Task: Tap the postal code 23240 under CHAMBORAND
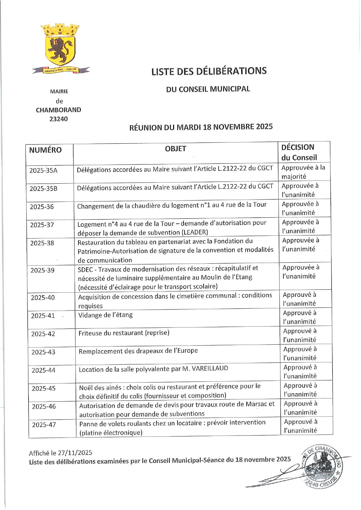click(x=58, y=119)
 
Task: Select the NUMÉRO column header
click(x=45, y=150)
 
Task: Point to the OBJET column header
click(x=175, y=149)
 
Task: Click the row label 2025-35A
click(x=44, y=171)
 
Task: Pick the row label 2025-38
click(x=42, y=243)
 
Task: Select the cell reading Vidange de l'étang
click(x=106, y=315)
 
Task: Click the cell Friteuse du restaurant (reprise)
click(x=124, y=333)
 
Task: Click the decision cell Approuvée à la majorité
click(x=303, y=172)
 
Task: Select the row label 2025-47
click(x=44, y=425)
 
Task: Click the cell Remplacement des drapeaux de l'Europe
click(x=138, y=351)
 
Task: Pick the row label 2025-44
click(x=44, y=371)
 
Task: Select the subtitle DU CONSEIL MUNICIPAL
click(x=208, y=89)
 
